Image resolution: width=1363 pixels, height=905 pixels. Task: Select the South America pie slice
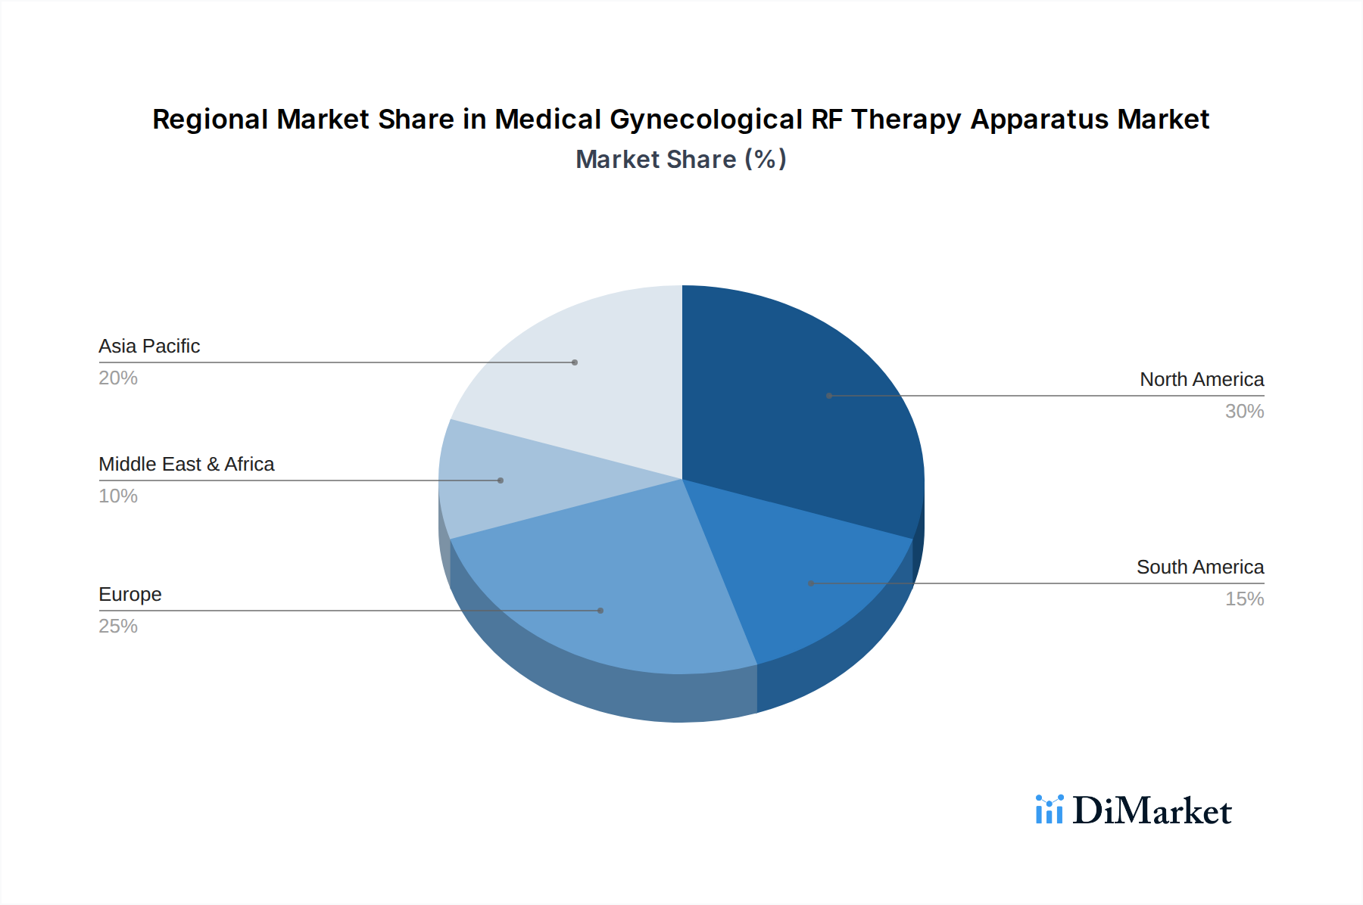pyautogui.click(x=803, y=583)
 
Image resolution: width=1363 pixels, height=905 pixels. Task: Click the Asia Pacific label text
pyautogui.click(x=149, y=346)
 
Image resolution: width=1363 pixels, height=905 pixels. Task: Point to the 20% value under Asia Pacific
pyautogui.click(x=118, y=378)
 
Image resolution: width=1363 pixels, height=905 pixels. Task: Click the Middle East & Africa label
pyautogui.click(x=186, y=464)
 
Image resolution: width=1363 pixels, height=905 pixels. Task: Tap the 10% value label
pyautogui.click(x=118, y=496)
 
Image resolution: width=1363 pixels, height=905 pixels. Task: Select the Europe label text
pyautogui.click(x=130, y=594)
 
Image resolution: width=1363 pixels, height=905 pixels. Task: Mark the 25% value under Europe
pyautogui.click(x=118, y=626)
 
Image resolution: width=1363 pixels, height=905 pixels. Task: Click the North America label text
pyautogui.click(x=1202, y=379)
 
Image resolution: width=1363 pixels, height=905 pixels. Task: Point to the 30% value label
pyautogui.click(x=1244, y=411)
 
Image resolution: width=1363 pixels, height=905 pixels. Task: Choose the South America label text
pyautogui.click(x=1199, y=567)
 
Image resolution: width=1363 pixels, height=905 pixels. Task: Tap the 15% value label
pyautogui.click(x=1244, y=599)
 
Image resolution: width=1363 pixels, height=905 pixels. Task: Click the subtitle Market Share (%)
pyautogui.click(x=681, y=159)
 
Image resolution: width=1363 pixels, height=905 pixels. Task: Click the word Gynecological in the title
pyautogui.click(x=706, y=120)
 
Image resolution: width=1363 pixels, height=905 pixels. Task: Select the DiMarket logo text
pyautogui.click(x=1152, y=810)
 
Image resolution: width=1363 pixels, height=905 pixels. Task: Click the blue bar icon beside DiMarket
pyautogui.click(x=1049, y=810)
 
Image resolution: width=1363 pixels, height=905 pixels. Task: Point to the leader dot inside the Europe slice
pyautogui.click(x=600, y=611)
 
